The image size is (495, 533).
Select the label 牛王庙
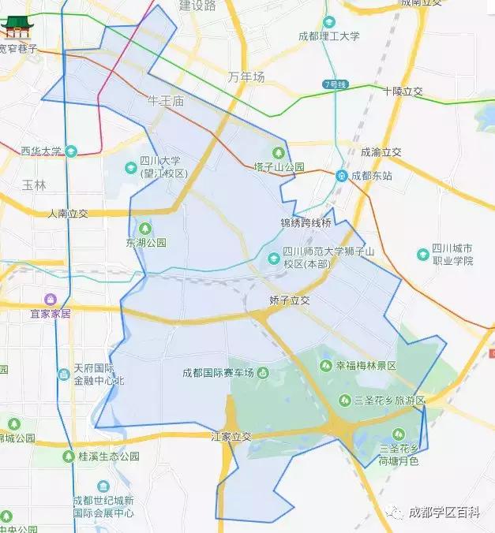[165, 101]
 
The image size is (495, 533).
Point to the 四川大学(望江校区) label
[163, 166]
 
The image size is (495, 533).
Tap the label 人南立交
[67, 213]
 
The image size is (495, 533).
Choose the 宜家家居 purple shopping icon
[50, 299]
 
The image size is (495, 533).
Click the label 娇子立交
[290, 300]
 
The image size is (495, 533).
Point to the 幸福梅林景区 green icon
[326, 365]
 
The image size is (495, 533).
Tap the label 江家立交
[231, 436]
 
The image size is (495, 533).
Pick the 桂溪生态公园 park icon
[69, 456]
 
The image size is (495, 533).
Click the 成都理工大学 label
[330, 35]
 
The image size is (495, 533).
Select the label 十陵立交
[402, 91]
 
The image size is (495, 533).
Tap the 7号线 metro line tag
[336, 84]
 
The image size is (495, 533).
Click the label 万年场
[246, 77]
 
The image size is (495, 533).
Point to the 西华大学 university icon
[72, 151]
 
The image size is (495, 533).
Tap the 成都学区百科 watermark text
[444, 512]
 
